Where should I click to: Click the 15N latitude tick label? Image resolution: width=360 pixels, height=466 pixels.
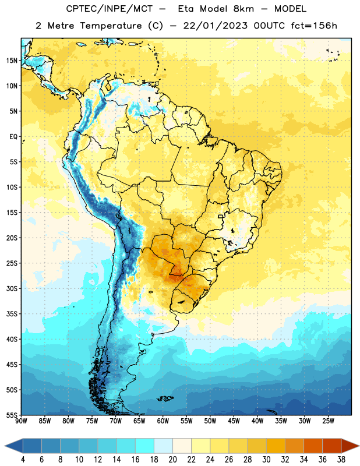[12, 61]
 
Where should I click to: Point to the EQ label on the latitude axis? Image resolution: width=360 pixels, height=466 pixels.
[13, 137]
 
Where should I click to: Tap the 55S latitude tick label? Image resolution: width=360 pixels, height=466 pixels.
[12, 415]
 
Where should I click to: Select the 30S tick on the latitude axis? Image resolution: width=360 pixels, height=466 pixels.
[12, 288]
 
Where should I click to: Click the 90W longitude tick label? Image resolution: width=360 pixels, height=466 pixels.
[21, 421]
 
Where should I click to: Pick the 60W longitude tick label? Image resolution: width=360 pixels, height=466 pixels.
[163, 421]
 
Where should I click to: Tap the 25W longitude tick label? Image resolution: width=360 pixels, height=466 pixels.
[328, 421]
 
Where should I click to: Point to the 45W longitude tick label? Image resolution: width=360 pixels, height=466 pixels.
[234, 421]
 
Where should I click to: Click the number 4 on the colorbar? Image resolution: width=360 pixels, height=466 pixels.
[23, 460]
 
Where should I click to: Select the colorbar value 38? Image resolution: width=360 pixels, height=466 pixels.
[341, 460]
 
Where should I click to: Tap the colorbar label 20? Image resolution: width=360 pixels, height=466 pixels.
[172, 460]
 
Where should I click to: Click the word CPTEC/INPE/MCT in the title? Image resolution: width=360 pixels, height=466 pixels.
[109, 9]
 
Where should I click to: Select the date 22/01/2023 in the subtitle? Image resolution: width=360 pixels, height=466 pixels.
[215, 26]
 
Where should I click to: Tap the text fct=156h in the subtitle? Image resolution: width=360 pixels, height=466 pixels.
[314, 26]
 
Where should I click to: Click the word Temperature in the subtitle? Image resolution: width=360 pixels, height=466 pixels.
[111, 26]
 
